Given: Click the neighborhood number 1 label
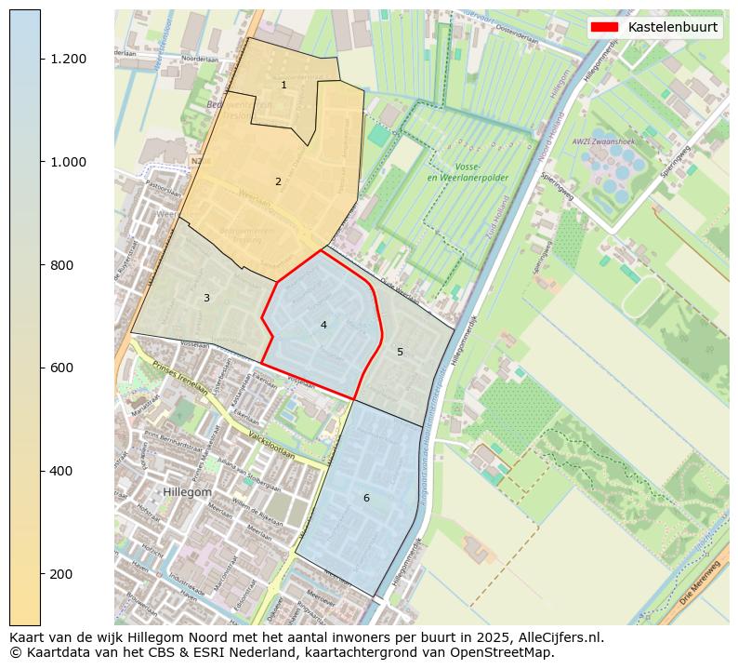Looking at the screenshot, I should tap(283, 86).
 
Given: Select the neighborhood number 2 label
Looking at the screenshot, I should tap(278, 181).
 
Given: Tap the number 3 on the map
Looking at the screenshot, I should tap(206, 298).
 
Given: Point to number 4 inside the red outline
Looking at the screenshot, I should tap(323, 325).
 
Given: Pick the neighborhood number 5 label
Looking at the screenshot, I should tap(400, 352).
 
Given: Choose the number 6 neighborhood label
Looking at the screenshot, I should tap(366, 498).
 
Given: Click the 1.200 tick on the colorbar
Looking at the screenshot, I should tap(68, 59).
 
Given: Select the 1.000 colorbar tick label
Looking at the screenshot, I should tap(68, 162).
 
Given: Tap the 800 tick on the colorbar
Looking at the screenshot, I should tap(62, 265).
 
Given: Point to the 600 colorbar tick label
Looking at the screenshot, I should tap(62, 368).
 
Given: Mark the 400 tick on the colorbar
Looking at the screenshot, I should tap(62, 471).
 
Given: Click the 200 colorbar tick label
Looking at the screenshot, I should tap(62, 574).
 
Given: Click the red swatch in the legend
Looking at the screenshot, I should tap(606, 27).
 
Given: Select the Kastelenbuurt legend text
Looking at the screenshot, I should tap(672, 27).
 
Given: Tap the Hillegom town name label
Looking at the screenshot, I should tap(187, 491).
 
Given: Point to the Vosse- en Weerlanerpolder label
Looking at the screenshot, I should tap(455, 172).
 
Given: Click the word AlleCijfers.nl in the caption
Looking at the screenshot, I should tap(556, 637).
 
